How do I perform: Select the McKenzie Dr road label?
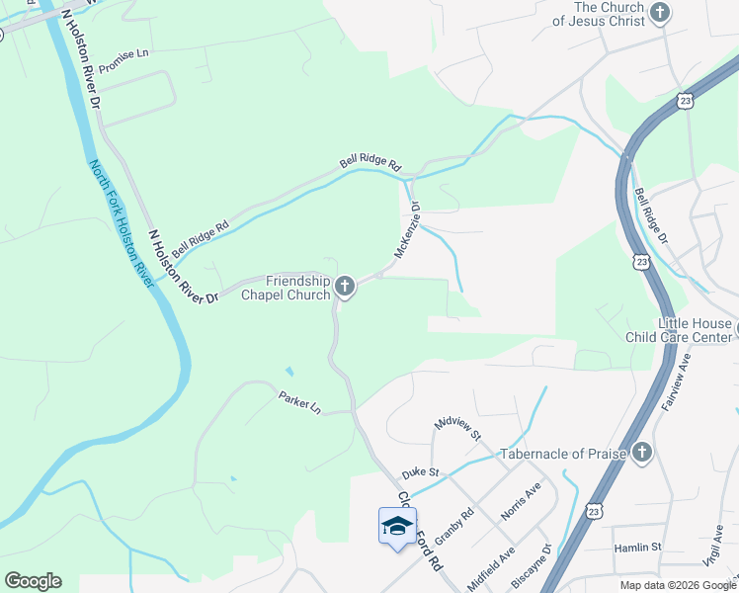(x=408, y=231)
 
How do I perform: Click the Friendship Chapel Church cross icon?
(x=345, y=287)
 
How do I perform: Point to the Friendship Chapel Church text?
(x=285, y=288)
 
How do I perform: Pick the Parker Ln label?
(x=300, y=402)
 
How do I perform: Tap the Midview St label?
(x=456, y=429)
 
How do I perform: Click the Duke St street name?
(x=420, y=474)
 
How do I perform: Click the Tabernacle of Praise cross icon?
(x=642, y=453)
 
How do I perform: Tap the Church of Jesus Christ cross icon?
(x=660, y=13)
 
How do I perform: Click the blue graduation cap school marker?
(x=397, y=525)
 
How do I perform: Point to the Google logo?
(x=33, y=581)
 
